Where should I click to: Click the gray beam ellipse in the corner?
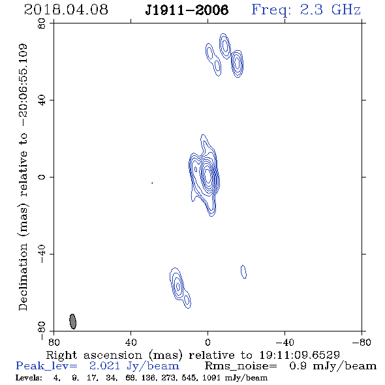[x=72, y=322]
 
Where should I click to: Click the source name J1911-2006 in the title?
[x=187, y=10]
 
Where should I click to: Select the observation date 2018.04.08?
[x=66, y=10]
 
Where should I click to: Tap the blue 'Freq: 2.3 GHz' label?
[x=306, y=10]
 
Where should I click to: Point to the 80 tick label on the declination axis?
[x=42, y=23]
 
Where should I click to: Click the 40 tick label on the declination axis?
[x=42, y=100]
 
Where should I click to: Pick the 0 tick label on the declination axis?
[x=42, y=177]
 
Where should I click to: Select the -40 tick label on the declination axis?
[x=42, y=254]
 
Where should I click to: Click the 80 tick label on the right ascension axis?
[x=54, y=343]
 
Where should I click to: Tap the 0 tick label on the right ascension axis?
[x=208, y=343]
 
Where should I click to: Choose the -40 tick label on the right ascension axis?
[x=285, y=343]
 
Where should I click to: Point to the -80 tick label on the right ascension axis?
[x=362, y=343]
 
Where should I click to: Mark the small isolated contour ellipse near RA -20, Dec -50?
[x=243, y=271]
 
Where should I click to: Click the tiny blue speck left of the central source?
[x=152, y=183]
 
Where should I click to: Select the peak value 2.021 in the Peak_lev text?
[x=104, y=366]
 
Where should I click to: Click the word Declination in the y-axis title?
[x=23, y=277]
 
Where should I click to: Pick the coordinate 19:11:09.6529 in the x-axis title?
[x=300, y=355]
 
